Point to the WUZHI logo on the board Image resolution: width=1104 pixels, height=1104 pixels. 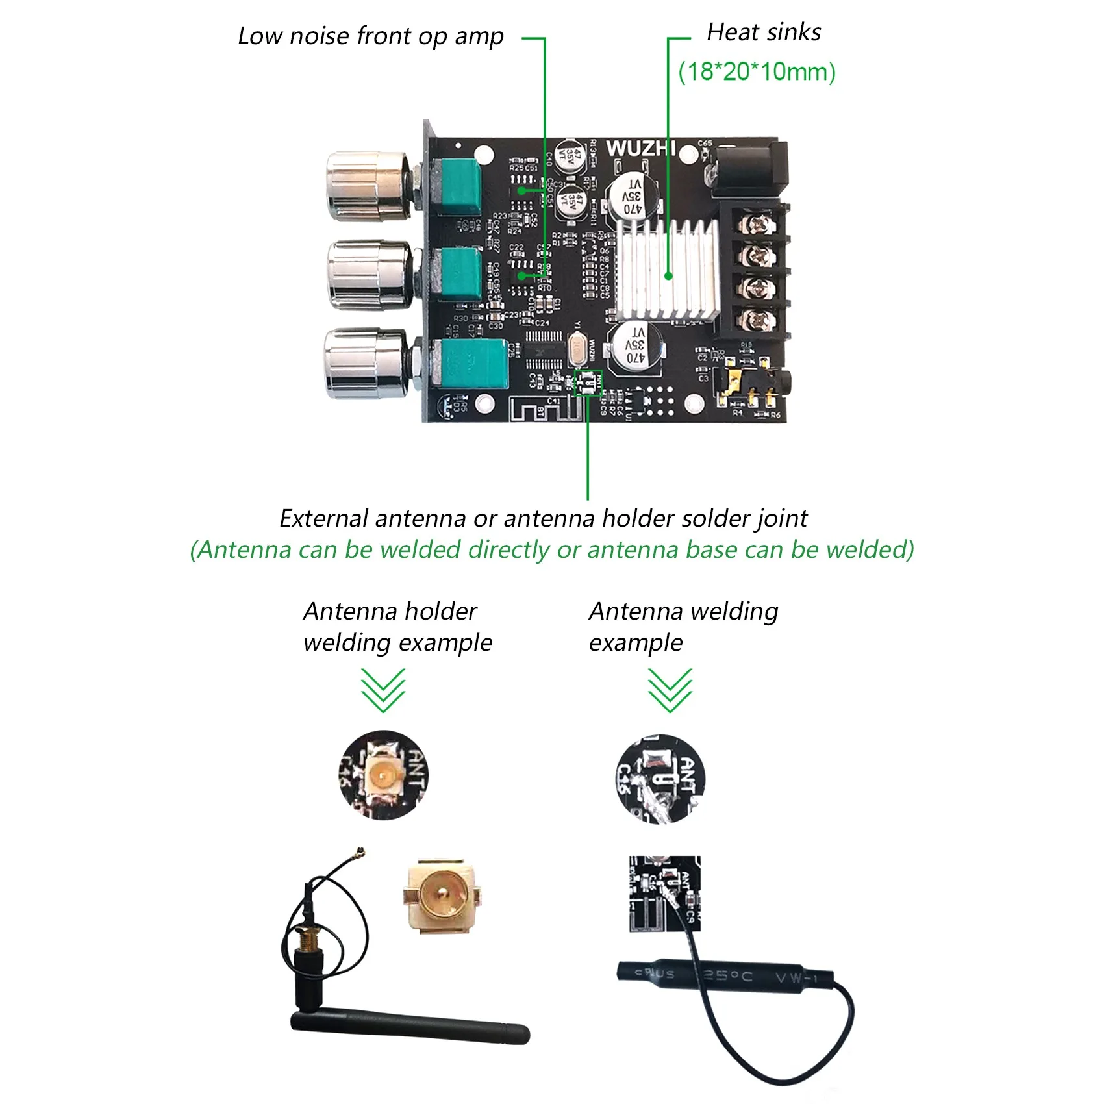(640, 148)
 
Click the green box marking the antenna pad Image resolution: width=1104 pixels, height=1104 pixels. (588, 383)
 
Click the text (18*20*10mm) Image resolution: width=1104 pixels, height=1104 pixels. (757, 71)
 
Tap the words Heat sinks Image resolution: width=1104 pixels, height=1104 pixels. (764, 32)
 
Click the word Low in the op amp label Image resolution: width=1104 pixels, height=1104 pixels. (259, 36)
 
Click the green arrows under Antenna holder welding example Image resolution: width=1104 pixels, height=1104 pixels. (383, 690)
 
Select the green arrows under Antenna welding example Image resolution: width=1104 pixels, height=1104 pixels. (670, 690)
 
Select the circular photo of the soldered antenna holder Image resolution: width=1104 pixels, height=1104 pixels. (383, 775)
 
